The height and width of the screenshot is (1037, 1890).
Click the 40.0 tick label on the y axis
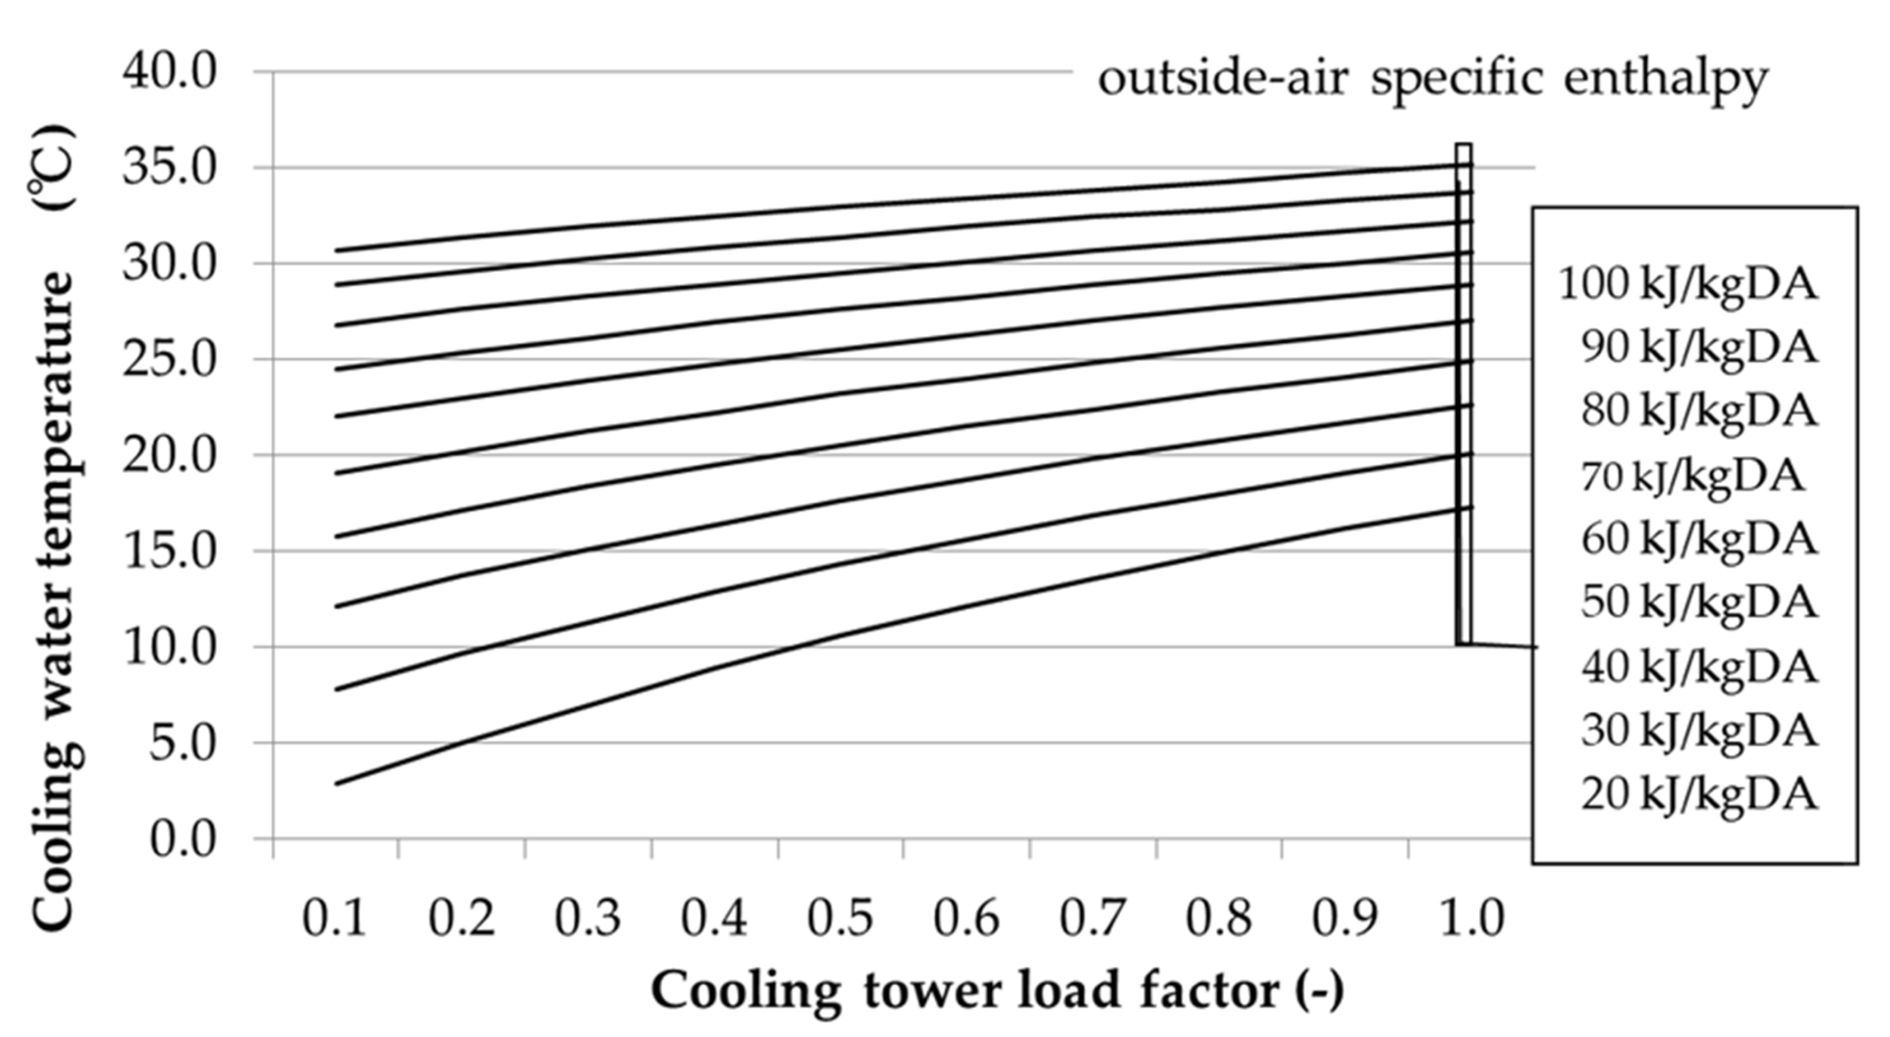click(x=170, y=73)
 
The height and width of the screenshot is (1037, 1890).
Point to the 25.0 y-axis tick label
click(x=170, y=360)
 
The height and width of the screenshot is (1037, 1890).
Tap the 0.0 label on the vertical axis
click(x=183, y=839)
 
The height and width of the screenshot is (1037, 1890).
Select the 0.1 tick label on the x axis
click(x=335, y=918)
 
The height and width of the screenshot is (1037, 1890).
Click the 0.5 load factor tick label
click(x=840, y=918)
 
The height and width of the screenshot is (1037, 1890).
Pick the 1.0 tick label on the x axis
click(x=1471, y=918)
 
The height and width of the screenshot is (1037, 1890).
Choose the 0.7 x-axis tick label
click(x=1092, y=918)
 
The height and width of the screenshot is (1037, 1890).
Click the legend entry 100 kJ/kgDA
click(x=1688, y=284)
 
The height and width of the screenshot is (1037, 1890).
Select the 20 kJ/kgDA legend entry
click(x=1698, y=794)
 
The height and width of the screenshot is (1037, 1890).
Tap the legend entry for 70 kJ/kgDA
click(x=1691, y=477)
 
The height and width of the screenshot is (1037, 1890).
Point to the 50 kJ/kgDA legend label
click(x=1698, y=603)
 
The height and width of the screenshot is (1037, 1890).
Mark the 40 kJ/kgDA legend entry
click(x=1698, y=667)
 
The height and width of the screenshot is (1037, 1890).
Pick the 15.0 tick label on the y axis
click(x=170, y=552)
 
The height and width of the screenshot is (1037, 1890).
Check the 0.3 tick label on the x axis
click(x=587, y=918)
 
